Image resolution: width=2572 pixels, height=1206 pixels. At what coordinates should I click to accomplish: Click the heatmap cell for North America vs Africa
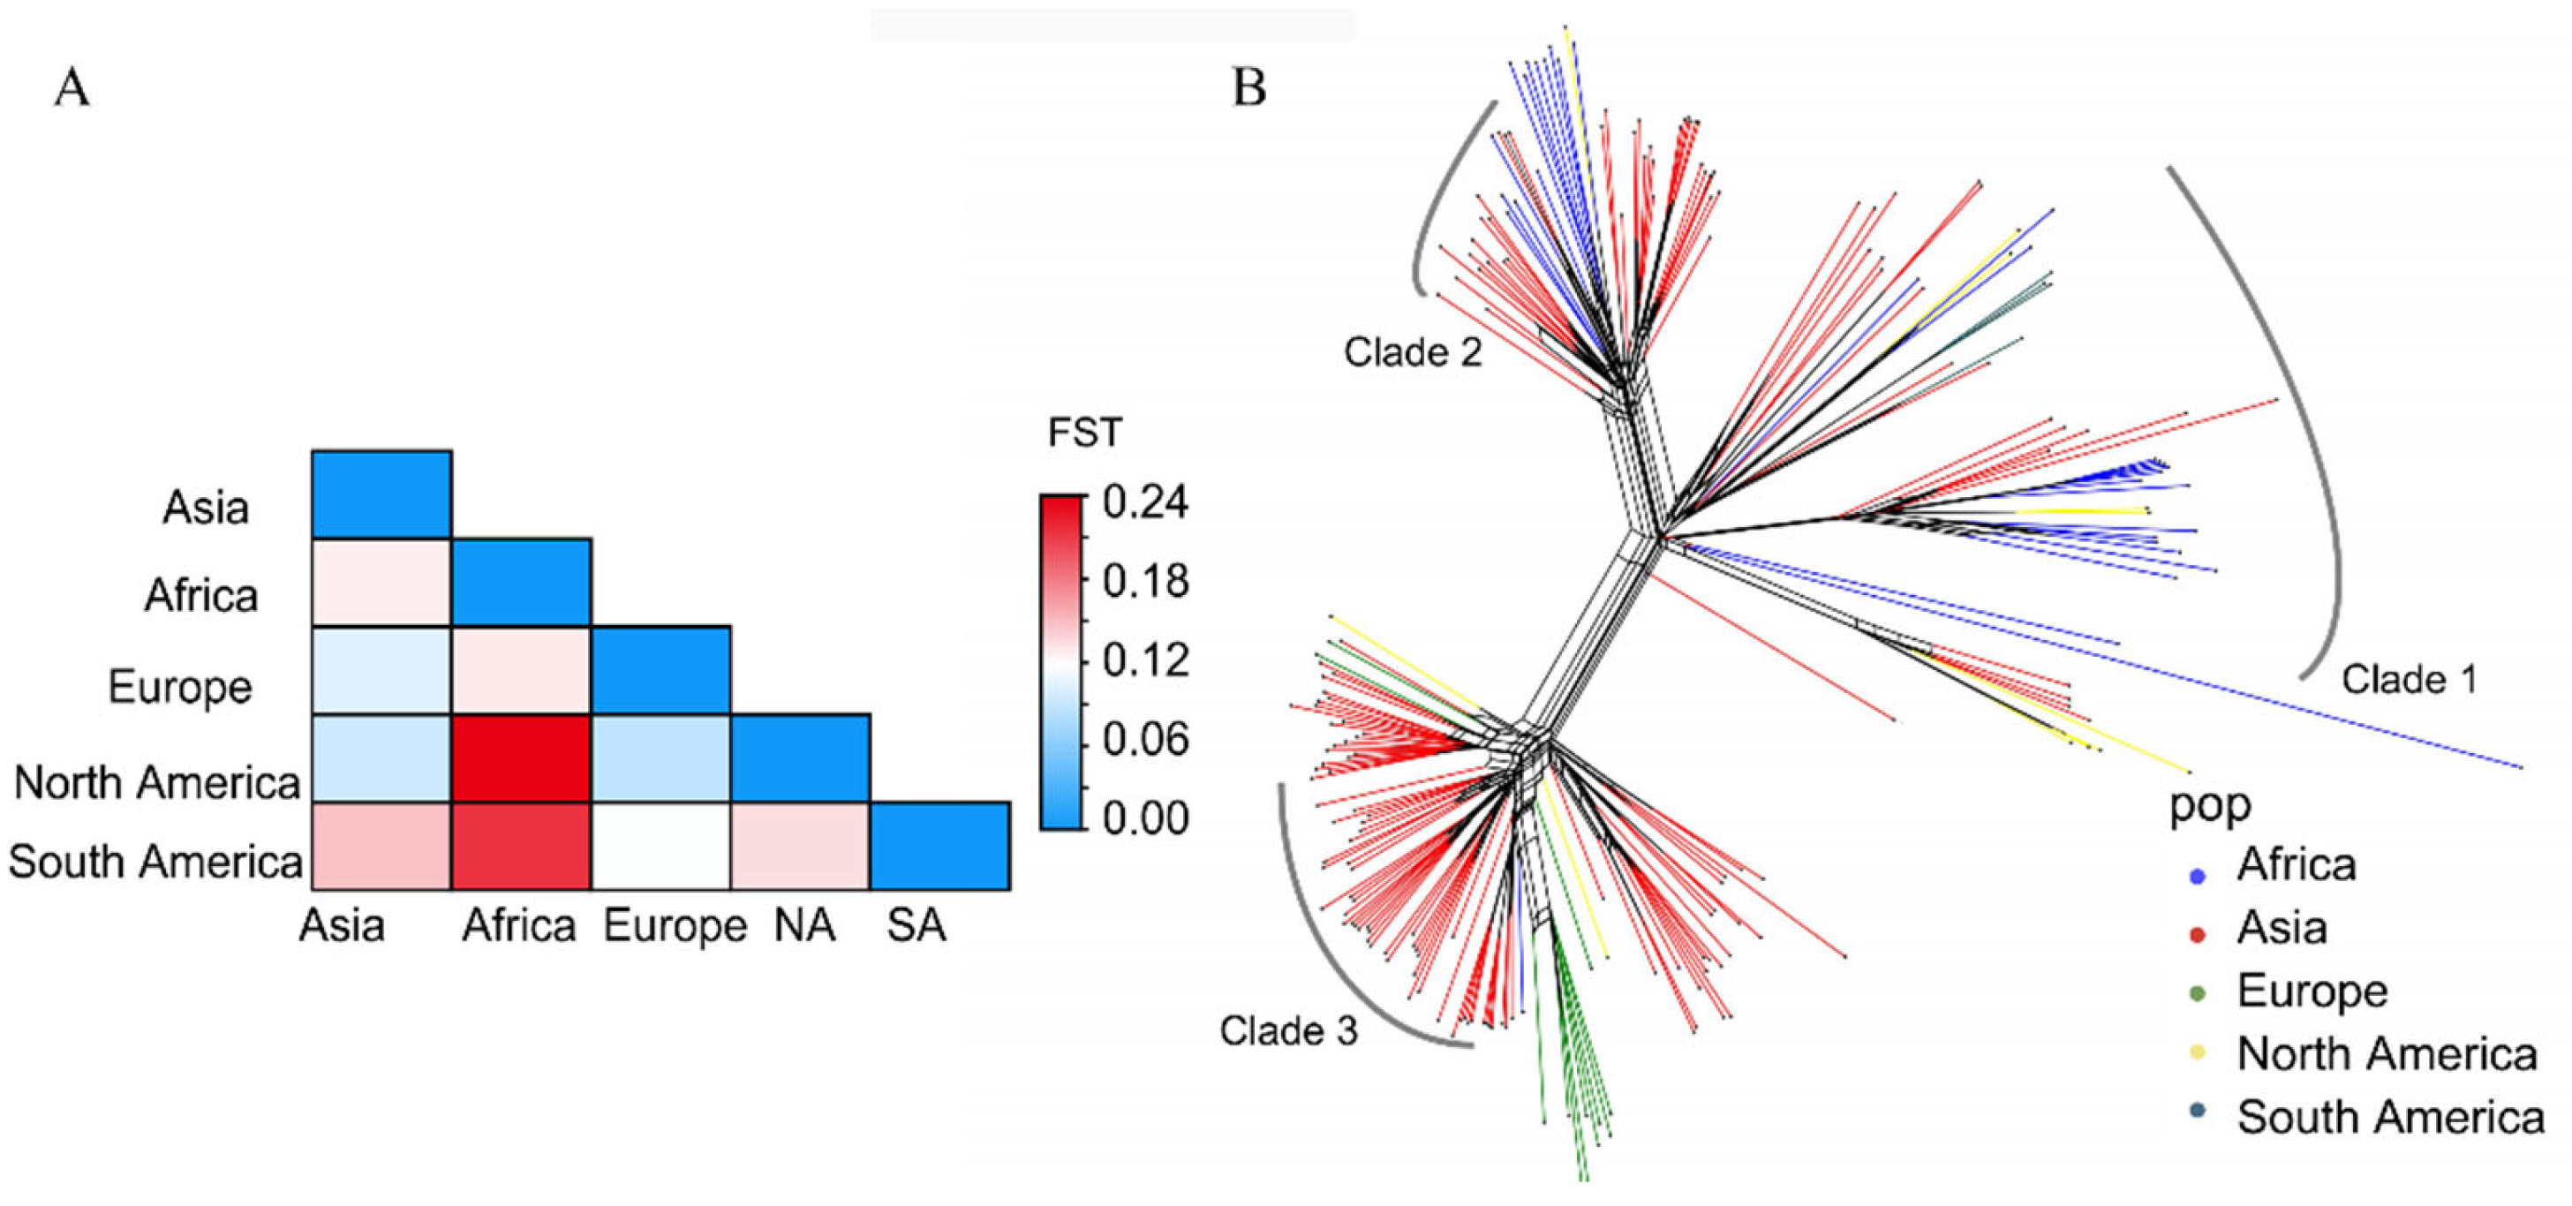pos(521,758)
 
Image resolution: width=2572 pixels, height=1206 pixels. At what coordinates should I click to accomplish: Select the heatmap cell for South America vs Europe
pos(661,846)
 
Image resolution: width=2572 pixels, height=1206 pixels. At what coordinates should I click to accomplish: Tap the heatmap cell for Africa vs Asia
pos(381,582)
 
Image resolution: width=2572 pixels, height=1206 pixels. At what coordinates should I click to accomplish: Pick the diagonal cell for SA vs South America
pos(939,846)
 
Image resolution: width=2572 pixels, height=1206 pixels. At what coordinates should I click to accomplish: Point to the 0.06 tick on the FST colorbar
pos(1145,740)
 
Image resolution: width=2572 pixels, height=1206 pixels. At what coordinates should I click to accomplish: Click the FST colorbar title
pos(1084,433)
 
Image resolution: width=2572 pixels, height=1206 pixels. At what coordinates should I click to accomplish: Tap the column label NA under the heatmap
pos(804,925)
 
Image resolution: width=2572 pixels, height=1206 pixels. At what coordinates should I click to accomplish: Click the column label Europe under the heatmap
pos(675,925)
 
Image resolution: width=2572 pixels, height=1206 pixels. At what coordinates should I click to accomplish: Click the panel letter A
pos(72,88)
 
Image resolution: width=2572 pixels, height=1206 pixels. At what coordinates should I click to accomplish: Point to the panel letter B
pos(1249,88)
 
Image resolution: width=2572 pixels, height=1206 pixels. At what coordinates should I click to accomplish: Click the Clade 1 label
pos(2410,680)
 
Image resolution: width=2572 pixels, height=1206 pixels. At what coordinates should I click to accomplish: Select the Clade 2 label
pos(1413,351)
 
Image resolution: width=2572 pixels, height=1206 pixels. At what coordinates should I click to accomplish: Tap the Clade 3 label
pos(1288,1030)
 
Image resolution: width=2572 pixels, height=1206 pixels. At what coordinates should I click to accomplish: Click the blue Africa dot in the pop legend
pos(2197,876)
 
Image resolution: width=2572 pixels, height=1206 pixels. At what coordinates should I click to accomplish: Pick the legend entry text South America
pos(2390,1117)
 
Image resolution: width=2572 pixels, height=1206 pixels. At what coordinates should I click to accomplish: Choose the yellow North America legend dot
pos(2197,1051)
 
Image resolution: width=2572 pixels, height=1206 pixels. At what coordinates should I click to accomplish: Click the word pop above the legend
pos(2210,804)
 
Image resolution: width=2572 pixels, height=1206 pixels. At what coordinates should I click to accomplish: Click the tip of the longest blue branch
pos(2521,766)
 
